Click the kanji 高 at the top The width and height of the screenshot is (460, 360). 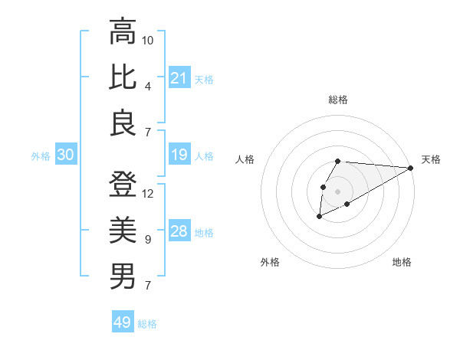[123, 32]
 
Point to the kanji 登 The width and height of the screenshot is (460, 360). [123, 185]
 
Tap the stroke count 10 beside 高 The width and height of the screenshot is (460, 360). [148, 40]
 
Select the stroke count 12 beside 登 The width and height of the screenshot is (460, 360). [148, 193]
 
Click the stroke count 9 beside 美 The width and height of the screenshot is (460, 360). [147, 240]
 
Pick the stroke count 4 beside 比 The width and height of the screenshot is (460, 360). [147, 86]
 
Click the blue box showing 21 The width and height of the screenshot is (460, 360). [179, 78]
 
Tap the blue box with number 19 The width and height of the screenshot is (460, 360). [179, 155]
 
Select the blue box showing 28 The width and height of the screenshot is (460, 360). [179, 232]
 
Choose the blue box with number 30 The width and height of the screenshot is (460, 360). [65, 155]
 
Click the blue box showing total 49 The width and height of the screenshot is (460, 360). [123, 322]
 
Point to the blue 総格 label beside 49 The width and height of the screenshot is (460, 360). [147, 324]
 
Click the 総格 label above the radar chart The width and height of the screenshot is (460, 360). [337, 100]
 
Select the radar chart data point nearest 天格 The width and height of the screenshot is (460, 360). [411, 169]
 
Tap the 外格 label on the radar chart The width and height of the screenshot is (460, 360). [270, 262]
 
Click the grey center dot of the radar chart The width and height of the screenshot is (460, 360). [337, 190]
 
